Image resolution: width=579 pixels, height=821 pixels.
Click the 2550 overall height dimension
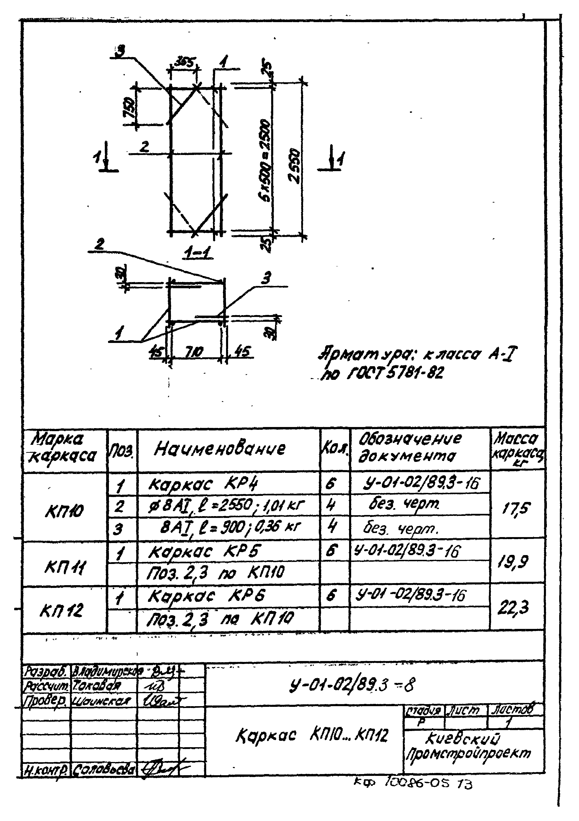(x=295, y=165)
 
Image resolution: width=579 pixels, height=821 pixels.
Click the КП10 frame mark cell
(x=64, y=512)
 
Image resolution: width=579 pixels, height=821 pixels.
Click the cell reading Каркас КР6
(x=207, y=597)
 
